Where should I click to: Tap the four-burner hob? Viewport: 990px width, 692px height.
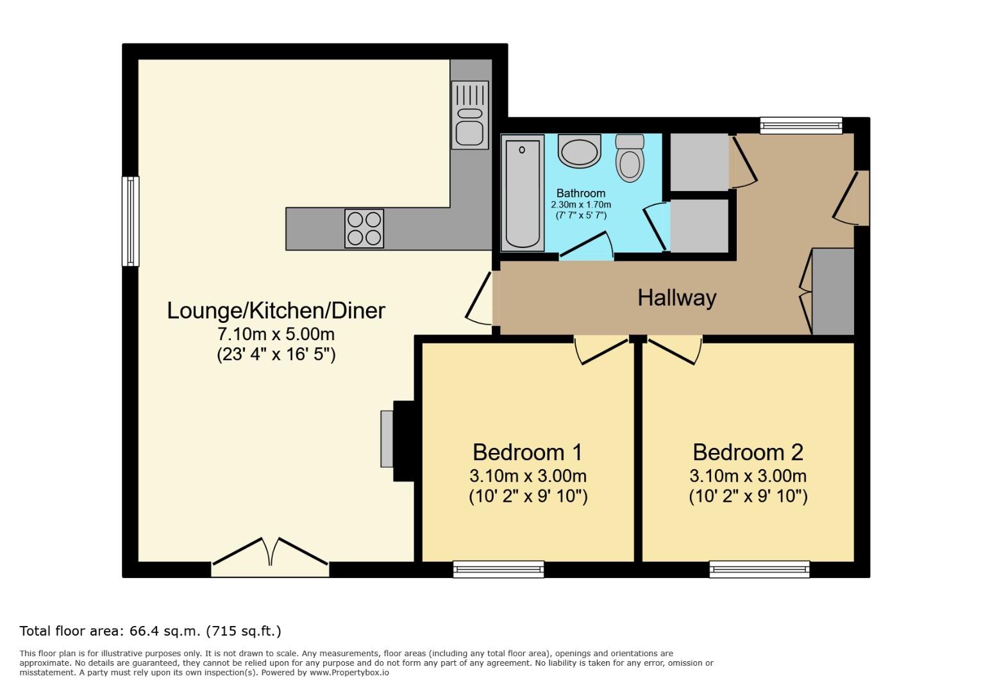click(x=364, y=228)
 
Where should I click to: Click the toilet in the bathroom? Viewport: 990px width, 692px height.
click(x=630, y=158)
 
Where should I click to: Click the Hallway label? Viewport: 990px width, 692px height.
click(x=676, y=297)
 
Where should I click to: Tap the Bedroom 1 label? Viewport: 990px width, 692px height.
click(x=527, y=452)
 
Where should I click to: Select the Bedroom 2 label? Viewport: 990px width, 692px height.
click(x=748, y=452)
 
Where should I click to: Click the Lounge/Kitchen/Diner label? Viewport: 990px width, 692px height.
click(x=276, y=310)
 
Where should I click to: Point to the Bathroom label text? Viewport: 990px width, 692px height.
click(x=580, y=193)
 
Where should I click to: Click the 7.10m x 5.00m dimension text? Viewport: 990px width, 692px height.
click(x=276, y=334)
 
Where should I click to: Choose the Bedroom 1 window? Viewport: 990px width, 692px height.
click(x=498, y=569)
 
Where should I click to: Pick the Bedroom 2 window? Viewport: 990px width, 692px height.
click(x=759, y=569)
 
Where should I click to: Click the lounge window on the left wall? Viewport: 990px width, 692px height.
click(x=131, y=221)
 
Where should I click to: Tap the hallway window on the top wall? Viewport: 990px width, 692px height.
click(x=801, y=126)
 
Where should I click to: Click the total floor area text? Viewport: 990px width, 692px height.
click(x=151, y=631)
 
